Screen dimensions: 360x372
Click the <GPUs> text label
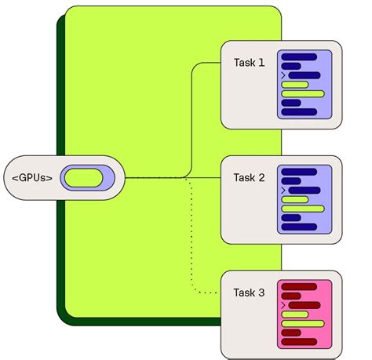click(33, 178)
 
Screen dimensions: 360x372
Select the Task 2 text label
click(250, 177)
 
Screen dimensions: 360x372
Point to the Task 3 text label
click(250, 293)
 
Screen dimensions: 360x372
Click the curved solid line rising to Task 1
click(193, 118)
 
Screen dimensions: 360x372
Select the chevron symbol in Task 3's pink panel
click(283, 305)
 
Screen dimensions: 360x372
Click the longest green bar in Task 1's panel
click(303, 93)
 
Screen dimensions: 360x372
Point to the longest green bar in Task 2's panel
click(303, 209)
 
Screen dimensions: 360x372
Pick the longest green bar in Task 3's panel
click(303, 323)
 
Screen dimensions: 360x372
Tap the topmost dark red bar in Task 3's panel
click(298, 287)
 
